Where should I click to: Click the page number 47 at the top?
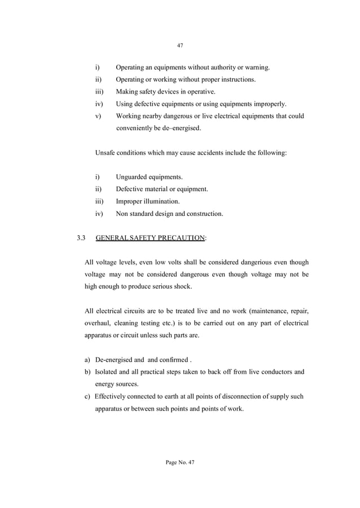180,45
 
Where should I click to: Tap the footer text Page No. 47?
180,462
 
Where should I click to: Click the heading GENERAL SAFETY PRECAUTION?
151,238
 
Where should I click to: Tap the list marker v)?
98,116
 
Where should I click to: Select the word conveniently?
137,128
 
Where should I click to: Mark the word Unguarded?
133,177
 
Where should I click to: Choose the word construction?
203,214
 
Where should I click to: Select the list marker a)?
87,360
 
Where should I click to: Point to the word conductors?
274,372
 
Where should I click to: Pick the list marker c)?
87,396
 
